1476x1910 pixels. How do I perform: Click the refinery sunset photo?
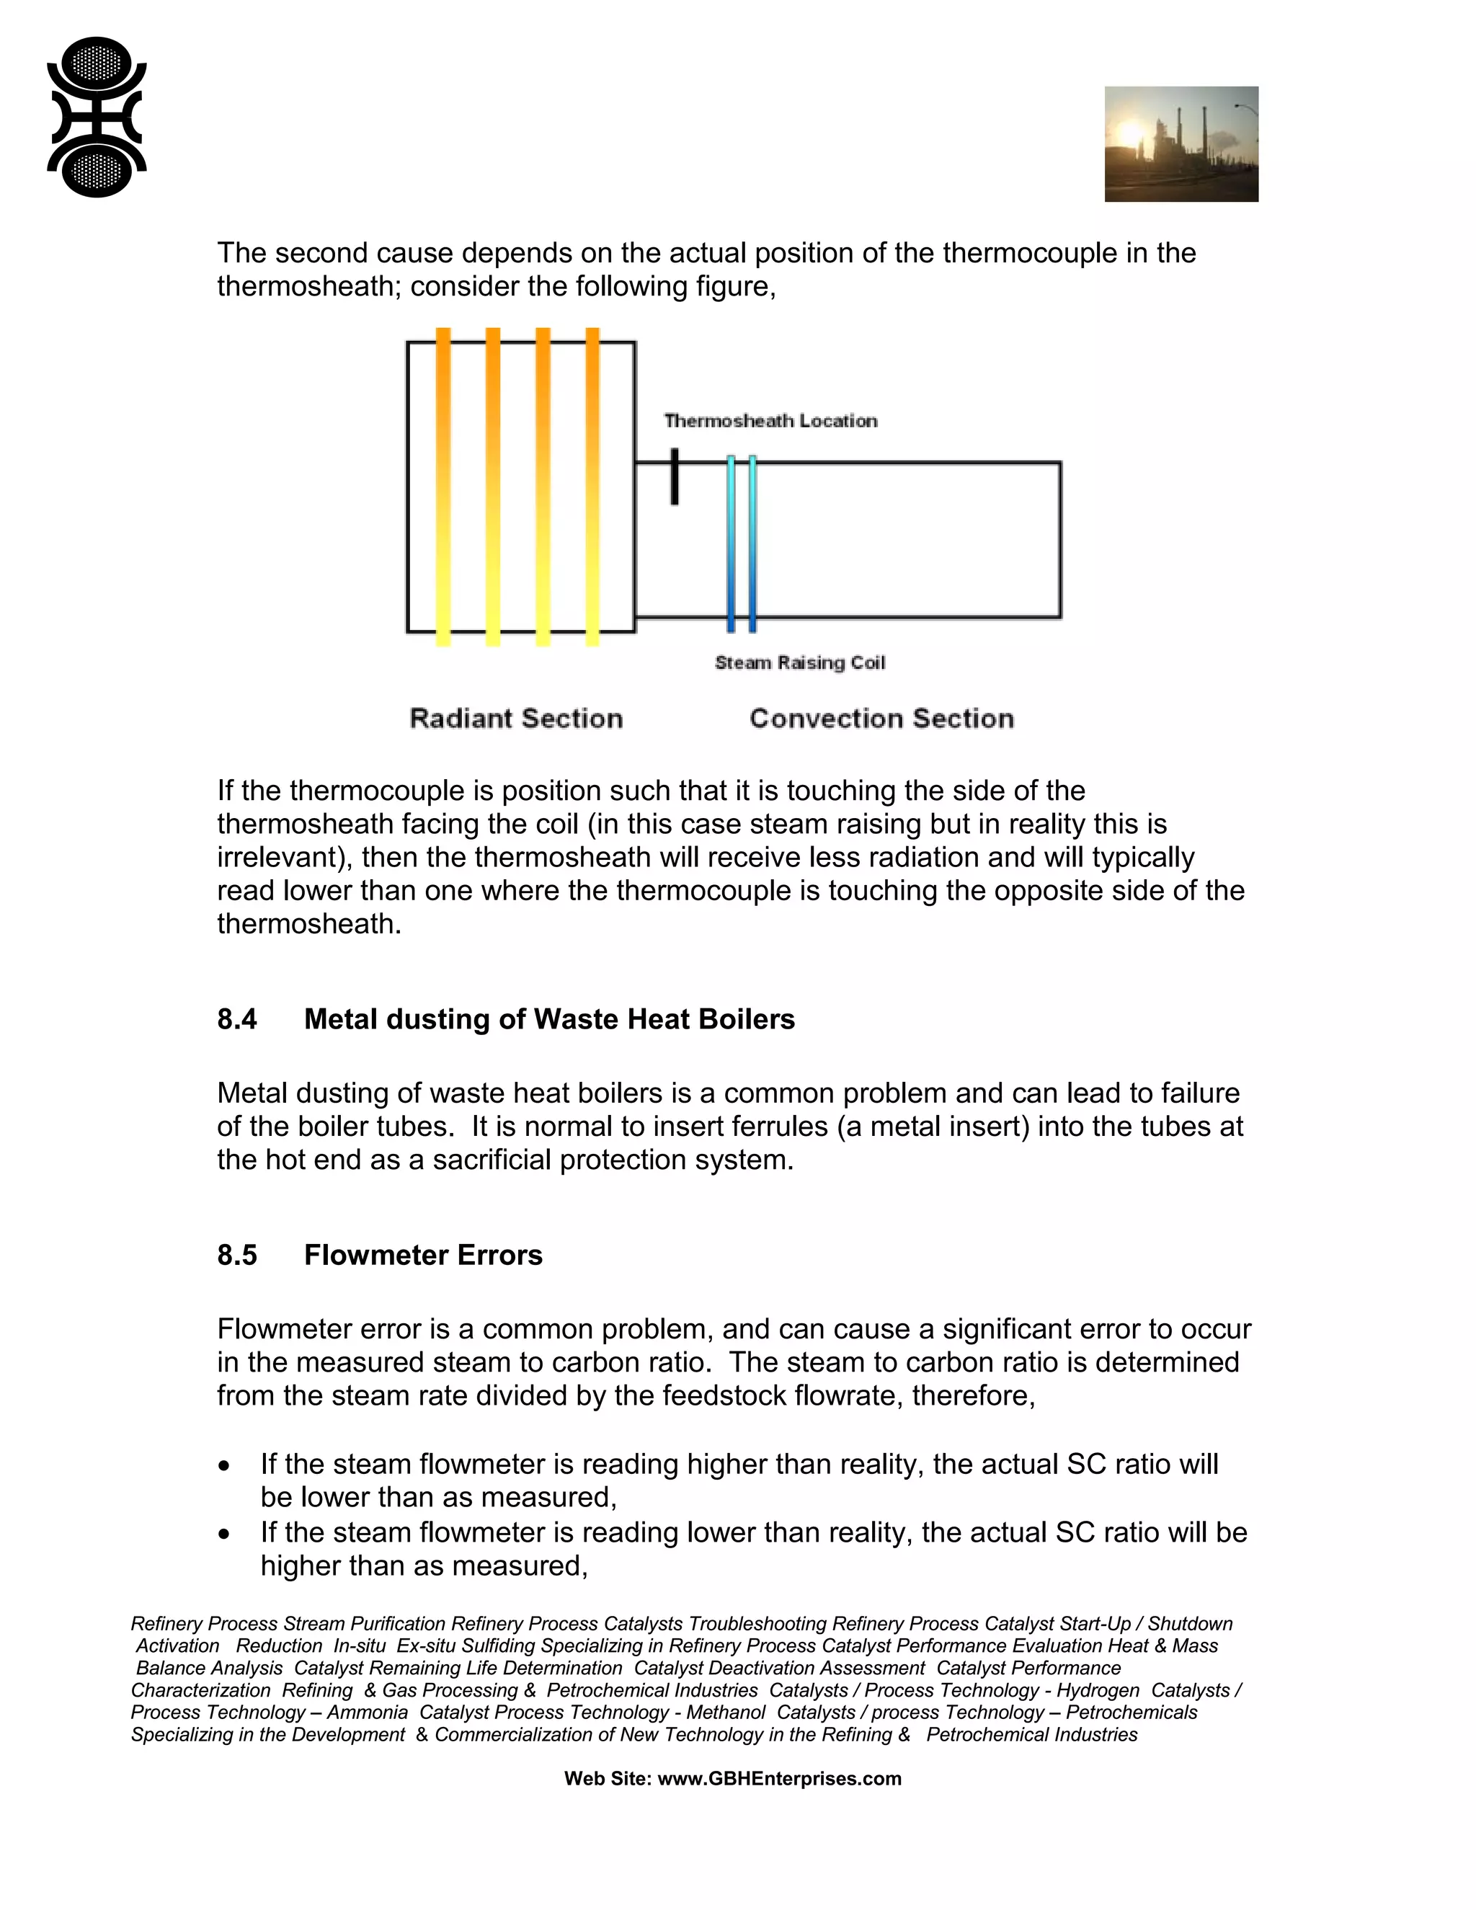tap(1181, 144)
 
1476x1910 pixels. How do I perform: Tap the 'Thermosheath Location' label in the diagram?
tap(770, 421)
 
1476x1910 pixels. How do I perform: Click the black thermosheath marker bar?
tap(674, 476)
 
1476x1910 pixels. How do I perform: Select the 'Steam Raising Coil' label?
tap(799, 663)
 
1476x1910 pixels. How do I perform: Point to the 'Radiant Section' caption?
tap(516, 719)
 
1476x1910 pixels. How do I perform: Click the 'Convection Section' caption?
tap(881, 719)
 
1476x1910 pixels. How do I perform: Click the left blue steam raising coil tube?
tap(731, 542)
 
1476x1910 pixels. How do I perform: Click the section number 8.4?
tap(237, 1020)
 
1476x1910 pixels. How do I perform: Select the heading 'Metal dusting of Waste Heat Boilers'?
tap(549, 1020)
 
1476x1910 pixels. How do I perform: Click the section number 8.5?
tap(237, 1256)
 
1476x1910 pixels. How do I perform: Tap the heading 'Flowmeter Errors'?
tap(423, 1256)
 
